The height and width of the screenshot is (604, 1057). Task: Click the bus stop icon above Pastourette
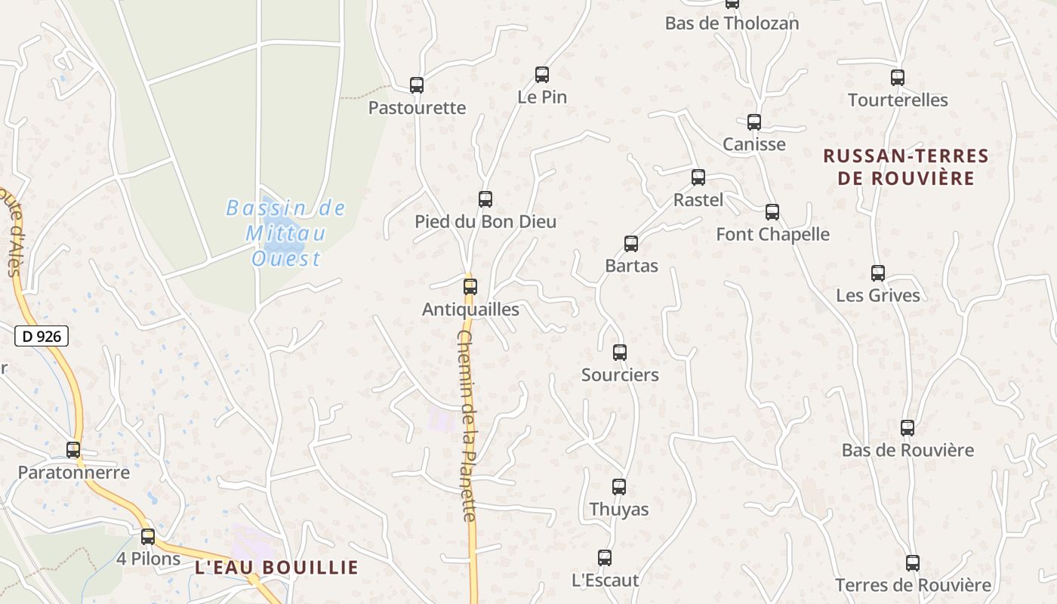[417, 85]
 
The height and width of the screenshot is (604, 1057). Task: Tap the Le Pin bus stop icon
[542, 75]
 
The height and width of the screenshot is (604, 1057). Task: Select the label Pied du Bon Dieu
[485, 222]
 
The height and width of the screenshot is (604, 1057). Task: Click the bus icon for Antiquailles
[470, 287]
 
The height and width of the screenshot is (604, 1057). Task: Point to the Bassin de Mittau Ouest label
[286, 233]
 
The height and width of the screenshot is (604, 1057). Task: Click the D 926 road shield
[42, 336]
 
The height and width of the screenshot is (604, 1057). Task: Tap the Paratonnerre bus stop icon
[73, 450]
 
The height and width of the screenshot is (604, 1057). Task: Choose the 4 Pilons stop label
[149, 559]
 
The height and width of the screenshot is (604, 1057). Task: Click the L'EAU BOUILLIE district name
[277, 567]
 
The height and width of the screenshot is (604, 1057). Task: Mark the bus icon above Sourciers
[620, 352]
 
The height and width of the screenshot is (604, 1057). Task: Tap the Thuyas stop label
[619, 510]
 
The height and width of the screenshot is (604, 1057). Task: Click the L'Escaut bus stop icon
[605, 558]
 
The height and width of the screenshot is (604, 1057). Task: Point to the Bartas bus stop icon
[631, 244]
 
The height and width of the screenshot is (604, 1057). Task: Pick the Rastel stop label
[698, 200]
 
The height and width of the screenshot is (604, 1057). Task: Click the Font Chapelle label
[772, 235]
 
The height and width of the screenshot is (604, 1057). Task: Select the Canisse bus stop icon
[754, 122]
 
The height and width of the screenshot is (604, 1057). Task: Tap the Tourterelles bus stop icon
[898, 78]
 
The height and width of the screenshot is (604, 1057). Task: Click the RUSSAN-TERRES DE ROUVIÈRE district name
[906, 167]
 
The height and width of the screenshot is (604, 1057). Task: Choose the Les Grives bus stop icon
[878, 273]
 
